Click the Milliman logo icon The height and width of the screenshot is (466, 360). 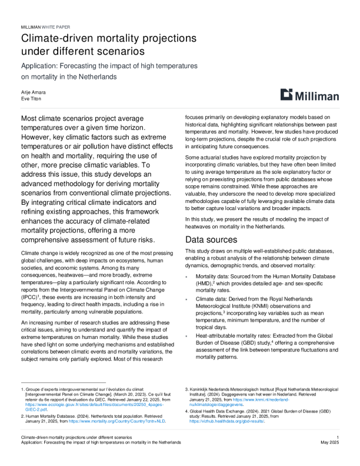pyautogui.click(x=286, y=95)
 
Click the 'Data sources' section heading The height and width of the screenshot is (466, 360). pyautogui.click(x=212, y=239)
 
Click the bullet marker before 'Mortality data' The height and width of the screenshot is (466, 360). pyautogui.click(x=188, y=275)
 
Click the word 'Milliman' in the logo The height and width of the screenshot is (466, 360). pyautogui.click(x=318, y=95)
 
